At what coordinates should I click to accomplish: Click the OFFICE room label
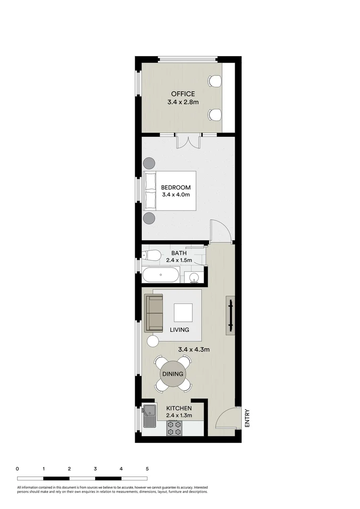pyautogui.click(x=183, y=94)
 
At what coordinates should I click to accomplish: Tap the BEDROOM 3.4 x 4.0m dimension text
pyautogui.click(x=176, y=195)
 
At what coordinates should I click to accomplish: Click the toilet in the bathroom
pyautogui.click(x=152, y=255)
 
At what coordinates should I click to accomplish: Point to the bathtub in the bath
pyautogui.click(x=161, y=275)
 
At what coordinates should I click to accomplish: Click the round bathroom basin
pyautogui.click(x=194, y=278)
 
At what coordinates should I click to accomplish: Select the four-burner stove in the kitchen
pyautogui.click(x=174, y=428)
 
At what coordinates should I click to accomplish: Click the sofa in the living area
pyautogui.click(x=154, y=313)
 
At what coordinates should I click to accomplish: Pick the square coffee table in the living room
pyautogui.click(x=183, y=312)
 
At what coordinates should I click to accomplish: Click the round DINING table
pyautogui.click(x=172, y=374)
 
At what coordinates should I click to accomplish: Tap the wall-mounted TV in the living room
pyautogui.click(x=230, y=315)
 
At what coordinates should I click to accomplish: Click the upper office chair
pyautogui.click(x=214, y=81)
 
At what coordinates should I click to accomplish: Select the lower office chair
pyautogui.click(x=214, y=115)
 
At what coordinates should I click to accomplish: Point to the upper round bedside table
pyautogui.click(x=150, y=163)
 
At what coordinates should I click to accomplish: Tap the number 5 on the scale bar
pyautogui.click(x=147, y=469)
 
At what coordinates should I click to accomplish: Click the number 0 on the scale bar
pyautogui.click(x=17, y=469)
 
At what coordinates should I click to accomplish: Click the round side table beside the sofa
pyautogui.click(x=153, y=341)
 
